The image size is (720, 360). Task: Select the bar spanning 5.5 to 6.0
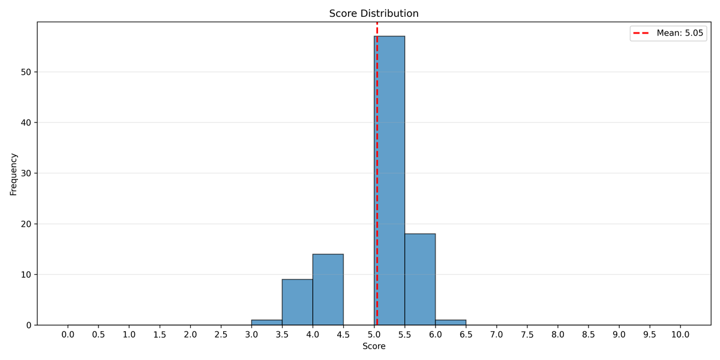tap(420, 280)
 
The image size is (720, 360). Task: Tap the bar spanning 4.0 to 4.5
tap(328, 290)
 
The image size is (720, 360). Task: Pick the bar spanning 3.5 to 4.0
tap(297, 302)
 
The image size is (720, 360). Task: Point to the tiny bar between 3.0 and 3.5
tap(266, 323)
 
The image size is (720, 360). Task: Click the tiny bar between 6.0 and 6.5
tap(451, 323)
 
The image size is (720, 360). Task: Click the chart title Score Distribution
tap(374, 14)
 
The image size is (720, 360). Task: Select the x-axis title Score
tap(374, 346)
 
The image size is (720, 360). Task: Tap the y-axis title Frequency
tap(14, 174)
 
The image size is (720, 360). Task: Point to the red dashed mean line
tap(377, 150)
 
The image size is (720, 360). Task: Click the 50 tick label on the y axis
tap(26, 72)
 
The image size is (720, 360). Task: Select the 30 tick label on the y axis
tap(26, 173)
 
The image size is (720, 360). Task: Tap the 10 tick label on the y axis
tap(26, 275)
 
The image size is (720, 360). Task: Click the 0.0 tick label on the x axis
tap(68, 334)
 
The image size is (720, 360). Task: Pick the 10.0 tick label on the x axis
tap(680, 334)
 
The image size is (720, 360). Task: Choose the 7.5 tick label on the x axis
tap(527, 334)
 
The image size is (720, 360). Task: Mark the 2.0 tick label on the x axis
tap(190, 334)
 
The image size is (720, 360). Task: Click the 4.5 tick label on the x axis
tap(343, 334)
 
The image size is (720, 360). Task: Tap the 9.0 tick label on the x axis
tap(619, 334)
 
